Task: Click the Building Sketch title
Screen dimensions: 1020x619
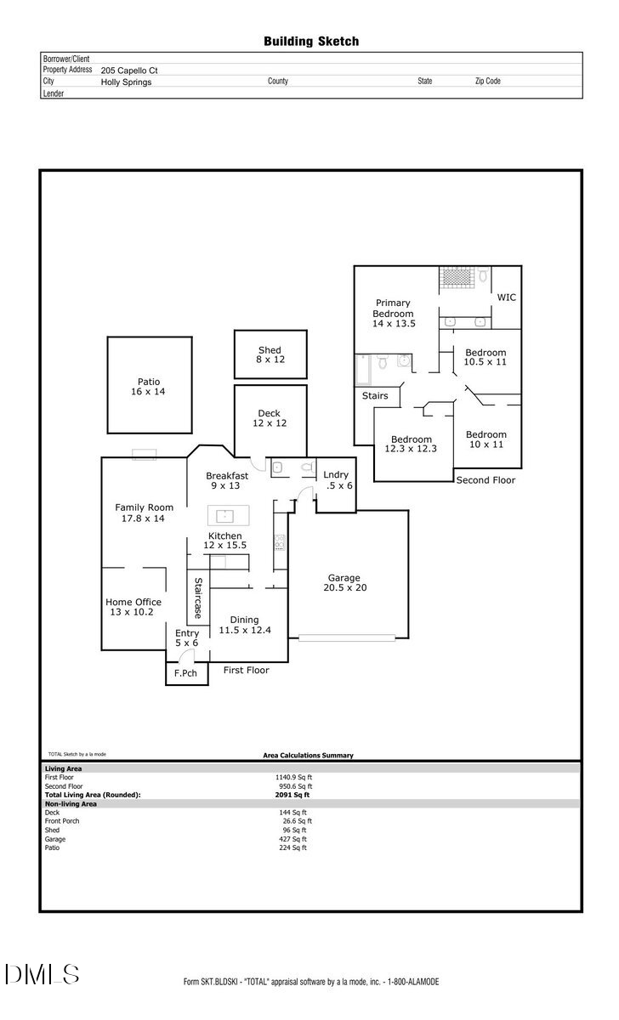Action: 310,41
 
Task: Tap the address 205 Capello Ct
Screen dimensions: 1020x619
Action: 129,71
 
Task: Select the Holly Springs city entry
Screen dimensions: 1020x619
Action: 126,82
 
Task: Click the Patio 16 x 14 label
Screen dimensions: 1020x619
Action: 149,387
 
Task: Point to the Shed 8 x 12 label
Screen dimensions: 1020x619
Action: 270,355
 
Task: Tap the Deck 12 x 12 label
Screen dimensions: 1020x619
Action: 269,418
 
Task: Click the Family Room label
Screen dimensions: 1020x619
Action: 144,513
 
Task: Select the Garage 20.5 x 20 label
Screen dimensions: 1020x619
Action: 344,582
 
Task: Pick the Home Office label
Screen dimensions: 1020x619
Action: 133,607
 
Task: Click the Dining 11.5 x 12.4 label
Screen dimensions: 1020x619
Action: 244,625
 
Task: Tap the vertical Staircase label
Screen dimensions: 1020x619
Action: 197,598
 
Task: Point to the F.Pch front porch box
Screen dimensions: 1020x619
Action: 186,673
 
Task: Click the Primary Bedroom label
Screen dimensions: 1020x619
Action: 393,313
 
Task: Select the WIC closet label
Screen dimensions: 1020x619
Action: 507,297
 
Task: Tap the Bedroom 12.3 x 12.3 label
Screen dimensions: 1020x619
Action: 411,444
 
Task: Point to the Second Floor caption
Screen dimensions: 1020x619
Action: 486,480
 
